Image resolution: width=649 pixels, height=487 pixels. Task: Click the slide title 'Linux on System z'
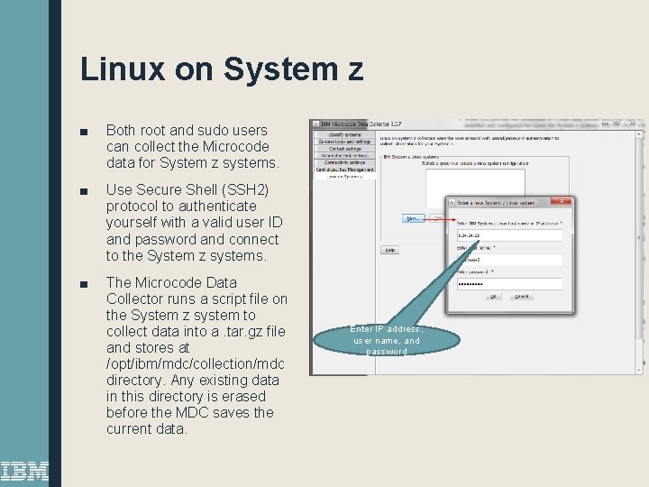tap(222, 69)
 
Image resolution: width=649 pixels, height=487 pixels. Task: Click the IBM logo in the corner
tap(24, 469)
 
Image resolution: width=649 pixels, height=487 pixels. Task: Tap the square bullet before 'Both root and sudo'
tap(84, 131)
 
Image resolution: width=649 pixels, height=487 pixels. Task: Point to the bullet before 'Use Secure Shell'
tap(84, 191)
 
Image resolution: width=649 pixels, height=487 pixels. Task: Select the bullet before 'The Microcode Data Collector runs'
tap(84, 283)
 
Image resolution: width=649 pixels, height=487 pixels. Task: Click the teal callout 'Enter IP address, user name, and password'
tap(387, 339)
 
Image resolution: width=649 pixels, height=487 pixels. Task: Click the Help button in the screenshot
tap(389, 250)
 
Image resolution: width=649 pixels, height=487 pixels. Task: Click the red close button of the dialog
tap(563, 201)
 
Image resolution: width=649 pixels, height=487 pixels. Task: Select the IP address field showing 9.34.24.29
tap(509, 235)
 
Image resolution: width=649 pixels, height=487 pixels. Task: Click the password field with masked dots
tap(509, 283)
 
